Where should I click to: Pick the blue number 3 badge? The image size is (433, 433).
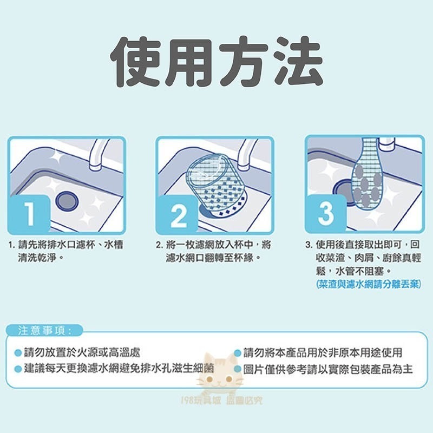pos(325,213)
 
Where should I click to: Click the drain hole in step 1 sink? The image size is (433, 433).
pos(67,200)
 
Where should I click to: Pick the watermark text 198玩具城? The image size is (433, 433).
pos(204,401)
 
